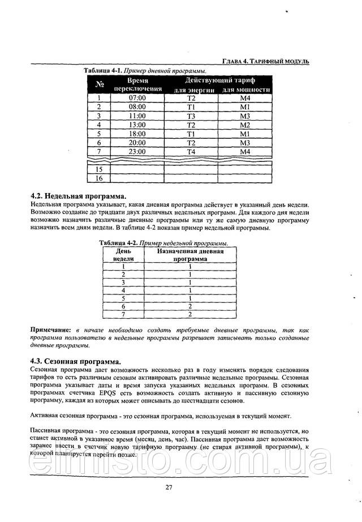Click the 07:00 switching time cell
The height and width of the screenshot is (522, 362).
click(137, 98)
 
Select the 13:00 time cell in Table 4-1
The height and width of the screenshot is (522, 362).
click(137, 125)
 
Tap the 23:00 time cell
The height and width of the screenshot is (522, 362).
click(137, 152)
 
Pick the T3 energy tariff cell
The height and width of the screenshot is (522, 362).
click(191, 115)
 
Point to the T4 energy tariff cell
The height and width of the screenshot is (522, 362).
click(191, 152)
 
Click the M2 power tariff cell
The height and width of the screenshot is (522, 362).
click(244, 125)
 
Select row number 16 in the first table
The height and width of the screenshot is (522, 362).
click(99, 178)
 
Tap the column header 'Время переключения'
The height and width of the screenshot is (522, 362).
click(137, 85)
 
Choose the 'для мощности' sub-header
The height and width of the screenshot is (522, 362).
click(245, 89)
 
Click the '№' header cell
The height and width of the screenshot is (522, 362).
click(99, 85)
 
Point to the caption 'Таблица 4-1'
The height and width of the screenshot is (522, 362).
click(103, 71)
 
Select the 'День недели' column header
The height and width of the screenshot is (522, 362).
click(123, 254)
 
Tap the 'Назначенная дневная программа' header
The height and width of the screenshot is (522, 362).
click(190, 254)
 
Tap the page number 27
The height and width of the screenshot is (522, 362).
click(169, 488)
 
